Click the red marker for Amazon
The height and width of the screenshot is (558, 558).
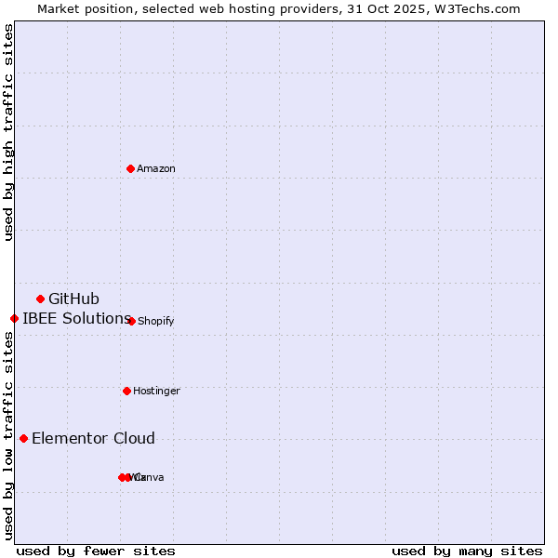[131, 168]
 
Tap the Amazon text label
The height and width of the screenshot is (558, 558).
[156, 169]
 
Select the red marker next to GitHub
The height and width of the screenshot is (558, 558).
[41, 299]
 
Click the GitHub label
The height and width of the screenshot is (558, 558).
[73, 299]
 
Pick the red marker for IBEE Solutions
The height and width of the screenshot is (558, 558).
[14, 318]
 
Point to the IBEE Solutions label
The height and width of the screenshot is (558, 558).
[76, 319]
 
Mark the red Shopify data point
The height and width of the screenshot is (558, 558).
[131, 321]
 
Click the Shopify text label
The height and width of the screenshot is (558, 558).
[155, 322]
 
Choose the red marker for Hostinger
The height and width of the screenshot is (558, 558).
[126, 391]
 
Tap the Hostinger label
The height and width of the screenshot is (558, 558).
[156, 392]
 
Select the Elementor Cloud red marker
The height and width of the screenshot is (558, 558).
[24, 438]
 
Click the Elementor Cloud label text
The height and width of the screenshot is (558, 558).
[93, 439]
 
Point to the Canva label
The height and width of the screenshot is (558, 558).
[149, 478]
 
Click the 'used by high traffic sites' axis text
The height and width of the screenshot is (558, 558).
[9, 132]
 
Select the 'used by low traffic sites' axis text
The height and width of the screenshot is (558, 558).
[9, 435]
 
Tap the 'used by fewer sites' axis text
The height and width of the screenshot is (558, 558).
[96, 551]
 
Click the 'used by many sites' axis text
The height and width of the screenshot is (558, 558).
[467, 551]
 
